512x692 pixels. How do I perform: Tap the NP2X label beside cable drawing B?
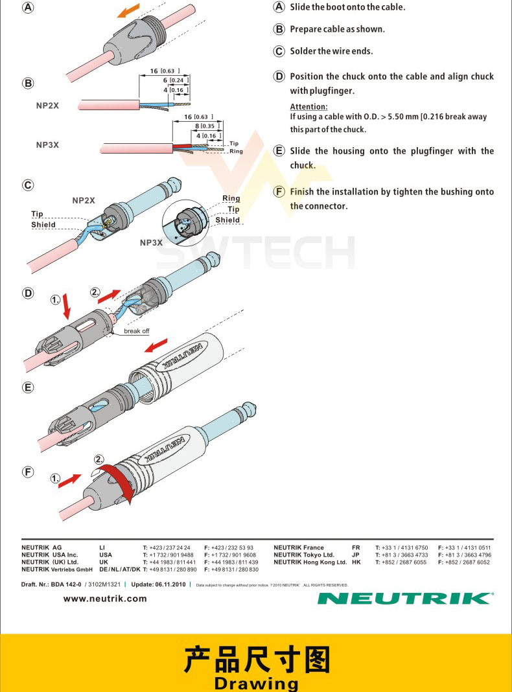pos(47,105)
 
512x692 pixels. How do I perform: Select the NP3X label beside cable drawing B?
pos(47,144)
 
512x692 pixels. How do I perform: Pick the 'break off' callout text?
pos(136,331)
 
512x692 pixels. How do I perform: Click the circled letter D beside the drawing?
pos(29,293)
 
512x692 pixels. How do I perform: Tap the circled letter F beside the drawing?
pos(29,472)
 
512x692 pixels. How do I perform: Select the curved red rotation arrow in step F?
pos(124,483)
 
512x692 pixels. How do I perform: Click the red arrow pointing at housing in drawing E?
pos(156,346)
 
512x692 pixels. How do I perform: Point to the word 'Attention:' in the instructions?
pos(308,106)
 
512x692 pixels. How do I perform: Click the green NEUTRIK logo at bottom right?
pos(405,598)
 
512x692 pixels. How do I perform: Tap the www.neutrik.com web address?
pos(105,599)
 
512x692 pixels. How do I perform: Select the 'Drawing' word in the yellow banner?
pos(256,683)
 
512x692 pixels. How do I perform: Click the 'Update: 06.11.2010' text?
pos(158,584)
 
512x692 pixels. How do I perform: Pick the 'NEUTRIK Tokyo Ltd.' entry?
pos(304,555)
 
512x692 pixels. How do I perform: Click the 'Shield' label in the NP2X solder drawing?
pos(43,225)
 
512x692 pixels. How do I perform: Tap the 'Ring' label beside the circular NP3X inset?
pos(231,198)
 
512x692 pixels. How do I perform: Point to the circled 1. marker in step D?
pos(56,300)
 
